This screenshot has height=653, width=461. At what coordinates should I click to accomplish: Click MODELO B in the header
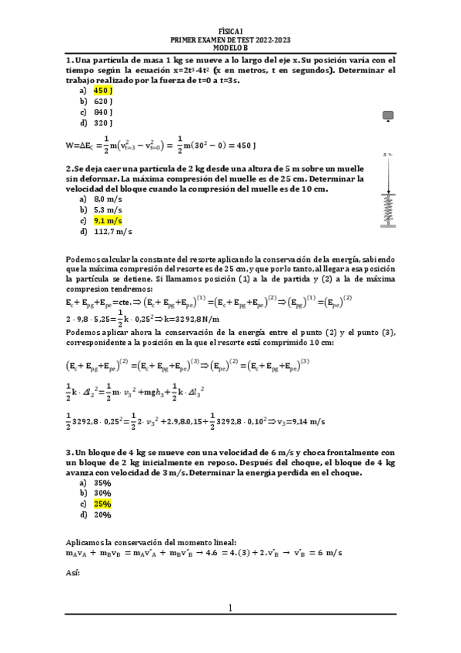(230, 49)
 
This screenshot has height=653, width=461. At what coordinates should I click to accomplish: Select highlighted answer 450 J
(103, 90)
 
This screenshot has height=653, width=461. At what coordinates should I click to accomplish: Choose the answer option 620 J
(103, 101)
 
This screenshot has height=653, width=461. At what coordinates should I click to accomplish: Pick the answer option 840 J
(103, 112)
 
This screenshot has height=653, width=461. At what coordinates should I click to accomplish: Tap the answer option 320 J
(103, 122)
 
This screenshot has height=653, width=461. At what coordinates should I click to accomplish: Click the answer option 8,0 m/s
(108, 198)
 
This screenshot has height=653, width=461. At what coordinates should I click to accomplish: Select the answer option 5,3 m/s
(108, 209)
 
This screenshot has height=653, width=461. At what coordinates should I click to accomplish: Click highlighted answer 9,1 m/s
(108, 220)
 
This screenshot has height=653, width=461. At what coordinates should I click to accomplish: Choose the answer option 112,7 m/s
(112, 231)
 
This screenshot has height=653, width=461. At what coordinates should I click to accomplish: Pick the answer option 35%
(102, 482)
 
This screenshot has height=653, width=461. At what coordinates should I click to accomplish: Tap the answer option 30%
(102, 493)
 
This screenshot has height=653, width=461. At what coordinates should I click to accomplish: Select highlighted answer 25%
(102, 504)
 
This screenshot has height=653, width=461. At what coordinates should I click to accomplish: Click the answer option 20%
(102, 514)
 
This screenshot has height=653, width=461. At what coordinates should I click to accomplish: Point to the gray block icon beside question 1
(388, 116)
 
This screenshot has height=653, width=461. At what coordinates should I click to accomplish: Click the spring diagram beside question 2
(388, 196)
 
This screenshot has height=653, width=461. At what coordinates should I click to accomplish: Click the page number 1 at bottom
(230, 608)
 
